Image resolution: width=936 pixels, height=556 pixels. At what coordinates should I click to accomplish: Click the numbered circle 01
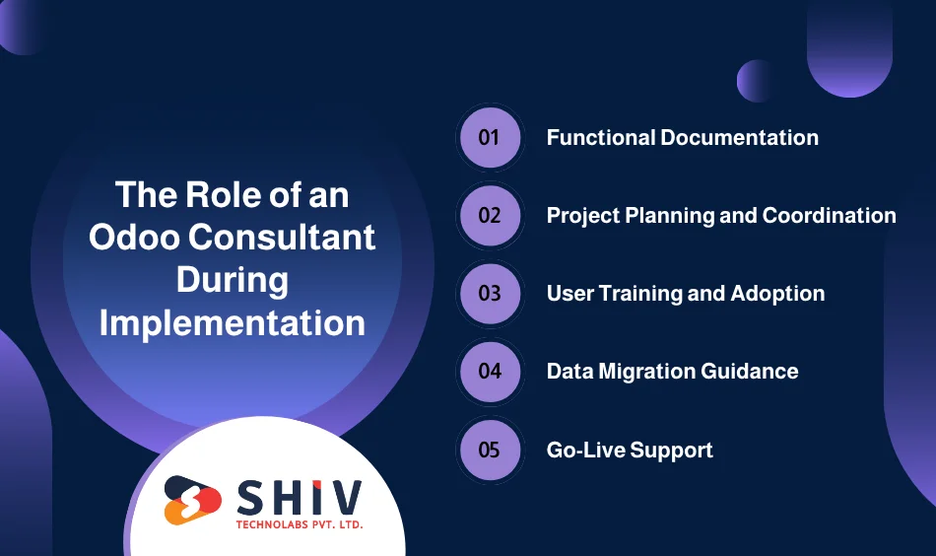[490, 137]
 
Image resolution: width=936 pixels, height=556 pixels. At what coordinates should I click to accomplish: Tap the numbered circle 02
[490, 215]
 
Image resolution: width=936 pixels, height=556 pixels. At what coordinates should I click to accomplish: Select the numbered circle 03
[490, 294]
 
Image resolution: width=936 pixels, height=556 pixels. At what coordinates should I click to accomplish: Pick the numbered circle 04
[490, 372]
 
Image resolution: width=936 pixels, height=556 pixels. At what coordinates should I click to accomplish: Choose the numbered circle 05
[490, 450]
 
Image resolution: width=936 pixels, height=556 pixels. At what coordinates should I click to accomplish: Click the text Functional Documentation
[682, 137]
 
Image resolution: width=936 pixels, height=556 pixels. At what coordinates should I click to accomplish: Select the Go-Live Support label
[630, 451]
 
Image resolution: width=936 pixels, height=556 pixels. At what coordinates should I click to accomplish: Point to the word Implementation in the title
[233, 322]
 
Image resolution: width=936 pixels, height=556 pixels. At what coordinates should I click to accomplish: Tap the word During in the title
[233, 280]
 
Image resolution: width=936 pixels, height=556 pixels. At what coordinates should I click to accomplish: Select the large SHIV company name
[299, 495]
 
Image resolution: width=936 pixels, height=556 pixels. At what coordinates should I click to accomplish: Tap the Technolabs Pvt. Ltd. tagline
[299, 525]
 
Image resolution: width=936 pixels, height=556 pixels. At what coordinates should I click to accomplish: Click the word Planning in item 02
[655, 215]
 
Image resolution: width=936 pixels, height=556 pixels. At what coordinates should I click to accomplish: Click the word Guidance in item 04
[753, 372]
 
